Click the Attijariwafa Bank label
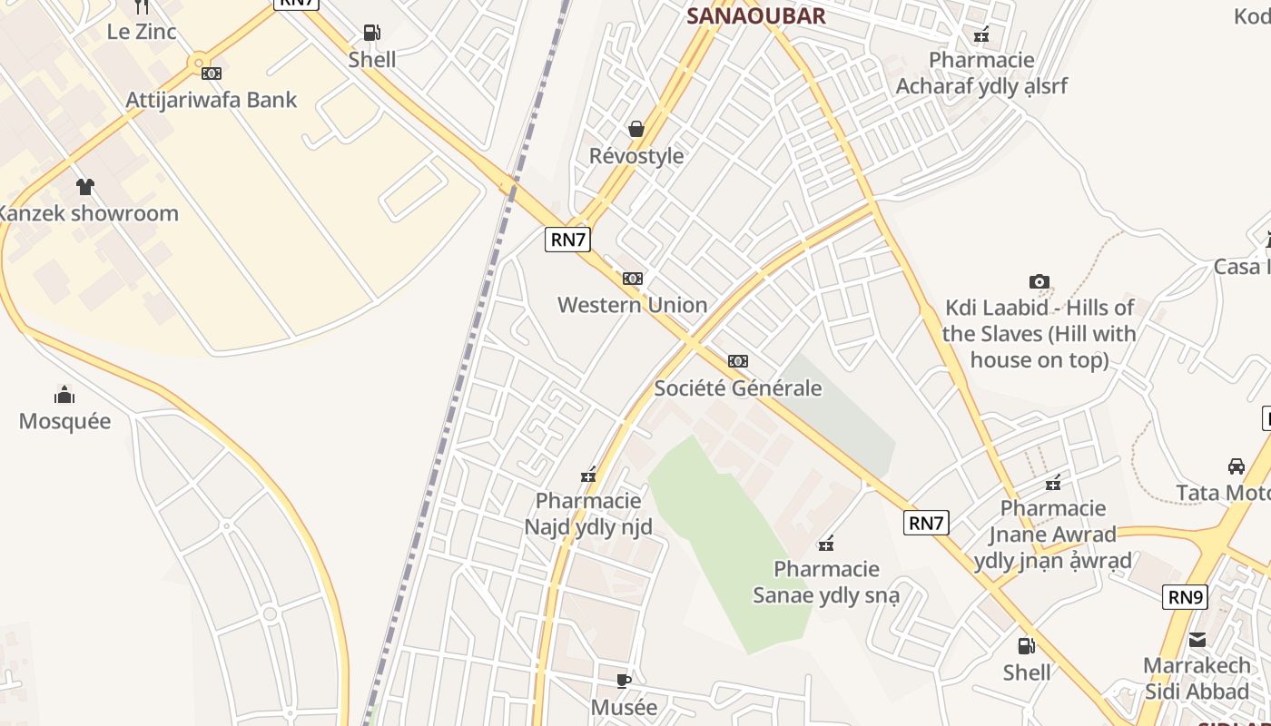[x=211, y=100]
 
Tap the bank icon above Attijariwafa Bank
[x=212, y=74]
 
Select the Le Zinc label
[x=142, y=31]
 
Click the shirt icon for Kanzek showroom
[x=85, y=187]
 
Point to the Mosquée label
[x=64, y=421]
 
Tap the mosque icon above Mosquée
[x=64, y=395]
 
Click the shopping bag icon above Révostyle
[x=636, y=129]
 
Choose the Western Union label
[x=632, y=305]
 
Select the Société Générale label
[x=738, y=388]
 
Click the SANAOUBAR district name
[x=755, y=15]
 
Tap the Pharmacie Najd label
[x=588, y=514]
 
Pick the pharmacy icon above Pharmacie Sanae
[x=826, y=544]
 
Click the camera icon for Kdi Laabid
[x=1039, y=282]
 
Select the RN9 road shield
[x=1185, y=597]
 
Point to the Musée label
[x=624, y=707]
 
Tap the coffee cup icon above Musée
[x=624, y=681]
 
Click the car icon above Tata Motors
[x=1236, y=466]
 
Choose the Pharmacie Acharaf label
[x=981, y=74]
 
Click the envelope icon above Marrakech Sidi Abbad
[x=1197, y=640]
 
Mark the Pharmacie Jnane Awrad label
[x=1053, y=535]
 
